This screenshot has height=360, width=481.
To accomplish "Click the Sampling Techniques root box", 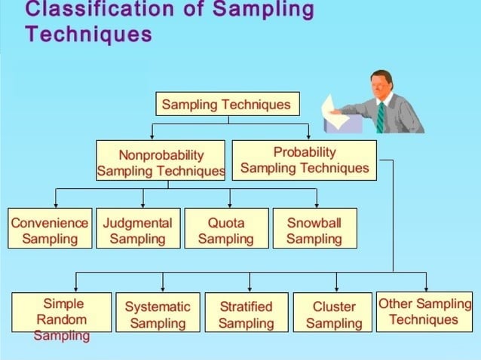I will point(226,104).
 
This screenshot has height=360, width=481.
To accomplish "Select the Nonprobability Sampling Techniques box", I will point(161,161).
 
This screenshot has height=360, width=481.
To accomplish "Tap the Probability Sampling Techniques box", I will point(305,160).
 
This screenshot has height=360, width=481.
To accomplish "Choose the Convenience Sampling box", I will point(50,230).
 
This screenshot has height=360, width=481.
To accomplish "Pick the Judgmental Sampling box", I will point(138,230).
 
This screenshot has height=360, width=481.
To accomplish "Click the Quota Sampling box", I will point(226,230).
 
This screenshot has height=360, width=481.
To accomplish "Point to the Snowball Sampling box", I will point(314,230).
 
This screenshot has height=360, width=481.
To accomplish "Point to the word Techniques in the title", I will point(87,35).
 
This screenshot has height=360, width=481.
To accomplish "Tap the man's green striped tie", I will point(381,117).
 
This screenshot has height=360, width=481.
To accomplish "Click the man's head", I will point(380,85).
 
